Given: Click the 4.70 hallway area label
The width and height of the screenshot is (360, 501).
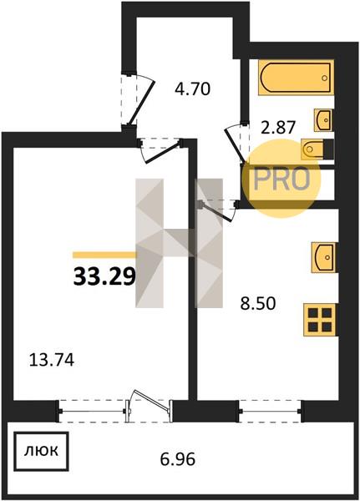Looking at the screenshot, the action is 192,89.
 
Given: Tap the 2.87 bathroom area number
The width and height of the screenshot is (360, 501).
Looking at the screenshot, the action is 277,128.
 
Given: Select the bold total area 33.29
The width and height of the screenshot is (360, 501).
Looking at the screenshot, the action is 104,276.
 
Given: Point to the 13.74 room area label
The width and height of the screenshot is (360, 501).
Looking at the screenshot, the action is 52,360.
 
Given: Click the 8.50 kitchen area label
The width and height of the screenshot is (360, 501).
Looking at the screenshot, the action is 258,304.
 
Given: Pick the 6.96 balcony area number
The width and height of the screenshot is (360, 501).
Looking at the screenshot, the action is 177,460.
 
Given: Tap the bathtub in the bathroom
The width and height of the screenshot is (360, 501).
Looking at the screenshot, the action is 297,78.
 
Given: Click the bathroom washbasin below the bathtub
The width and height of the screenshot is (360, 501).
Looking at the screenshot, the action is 323,119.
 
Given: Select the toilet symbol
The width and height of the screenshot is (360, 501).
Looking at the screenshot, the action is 317,149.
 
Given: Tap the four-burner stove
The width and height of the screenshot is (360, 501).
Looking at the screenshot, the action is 320,320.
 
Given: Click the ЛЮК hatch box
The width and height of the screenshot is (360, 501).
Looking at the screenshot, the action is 41,451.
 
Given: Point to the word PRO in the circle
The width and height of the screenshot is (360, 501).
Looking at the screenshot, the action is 281,179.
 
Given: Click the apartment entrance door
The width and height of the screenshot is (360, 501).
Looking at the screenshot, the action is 138,100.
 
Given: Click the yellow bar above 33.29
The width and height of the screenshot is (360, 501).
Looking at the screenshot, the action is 104,255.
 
